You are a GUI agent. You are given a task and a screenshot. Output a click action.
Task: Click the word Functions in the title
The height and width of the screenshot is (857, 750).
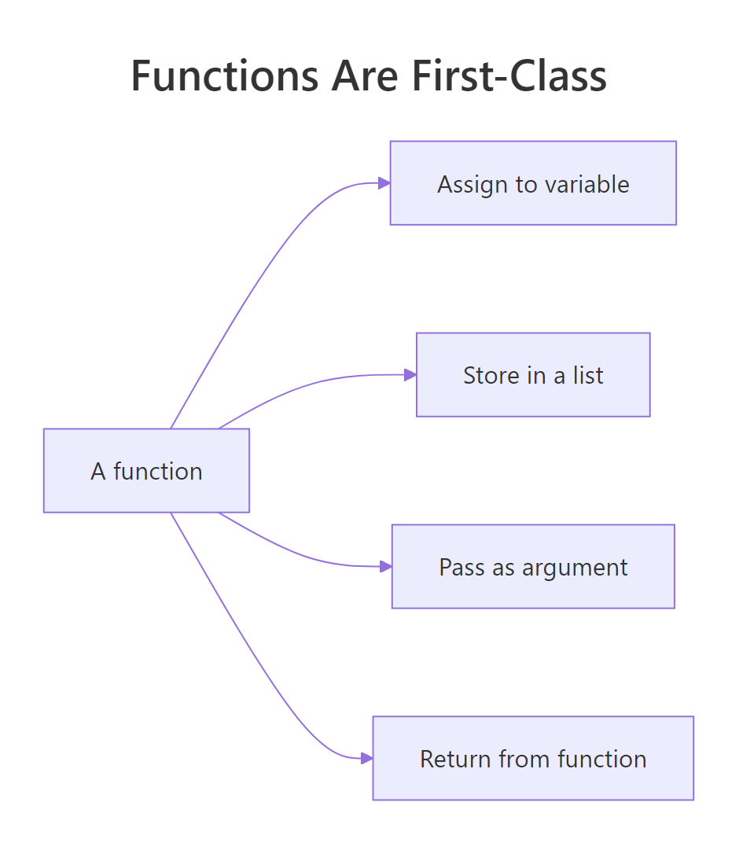tap(225, 76)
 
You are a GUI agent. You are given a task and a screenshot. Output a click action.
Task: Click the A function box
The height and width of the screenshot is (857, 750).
tap(146, 471)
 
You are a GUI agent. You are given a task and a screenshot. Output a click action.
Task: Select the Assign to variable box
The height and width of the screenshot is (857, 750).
tap(533, 183)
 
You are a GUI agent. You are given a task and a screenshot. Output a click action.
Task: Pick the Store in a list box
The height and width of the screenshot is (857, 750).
tap(533, 375)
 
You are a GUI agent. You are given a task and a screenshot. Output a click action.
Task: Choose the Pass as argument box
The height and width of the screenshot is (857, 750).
tap(533, 567)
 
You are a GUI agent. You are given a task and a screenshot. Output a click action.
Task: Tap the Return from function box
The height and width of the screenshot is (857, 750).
tap(533, 759)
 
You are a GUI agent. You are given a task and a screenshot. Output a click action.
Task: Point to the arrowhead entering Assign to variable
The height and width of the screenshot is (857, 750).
tap(384, 183)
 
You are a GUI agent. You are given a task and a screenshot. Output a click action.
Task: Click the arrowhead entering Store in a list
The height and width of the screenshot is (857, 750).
tap(410, 375)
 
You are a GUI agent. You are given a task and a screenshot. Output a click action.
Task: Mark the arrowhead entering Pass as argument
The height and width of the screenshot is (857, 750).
tap(385, 567)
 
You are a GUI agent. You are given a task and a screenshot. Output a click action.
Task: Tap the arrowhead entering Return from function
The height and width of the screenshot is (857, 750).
tap(366, 759)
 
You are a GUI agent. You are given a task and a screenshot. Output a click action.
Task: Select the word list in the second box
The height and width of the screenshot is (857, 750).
tap(588, 375)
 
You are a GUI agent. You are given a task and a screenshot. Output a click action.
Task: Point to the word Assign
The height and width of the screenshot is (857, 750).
tap(465, 186)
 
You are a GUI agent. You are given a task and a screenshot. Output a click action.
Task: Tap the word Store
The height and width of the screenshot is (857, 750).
tap(484, 375)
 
